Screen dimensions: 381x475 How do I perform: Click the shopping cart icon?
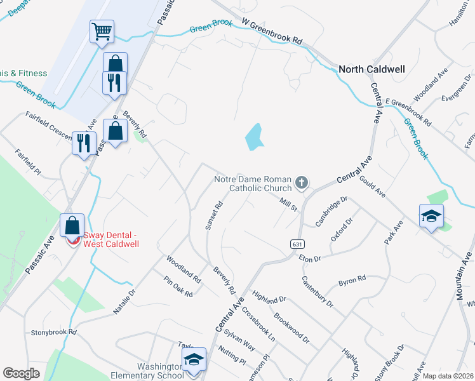[x=102, y=30]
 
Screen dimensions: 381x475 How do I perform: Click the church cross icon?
[x=302, y=184]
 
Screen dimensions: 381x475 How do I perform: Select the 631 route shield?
[x=297, y=244]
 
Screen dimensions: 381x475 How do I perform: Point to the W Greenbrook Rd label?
[x=272, y=30]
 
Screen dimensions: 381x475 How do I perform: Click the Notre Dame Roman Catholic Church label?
[x=253, y=184]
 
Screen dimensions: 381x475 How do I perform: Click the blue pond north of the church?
[x=254, y=137]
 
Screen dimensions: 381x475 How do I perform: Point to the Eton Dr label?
[x=311, y=258]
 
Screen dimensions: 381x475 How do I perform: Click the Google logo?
[x=22, y=373]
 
